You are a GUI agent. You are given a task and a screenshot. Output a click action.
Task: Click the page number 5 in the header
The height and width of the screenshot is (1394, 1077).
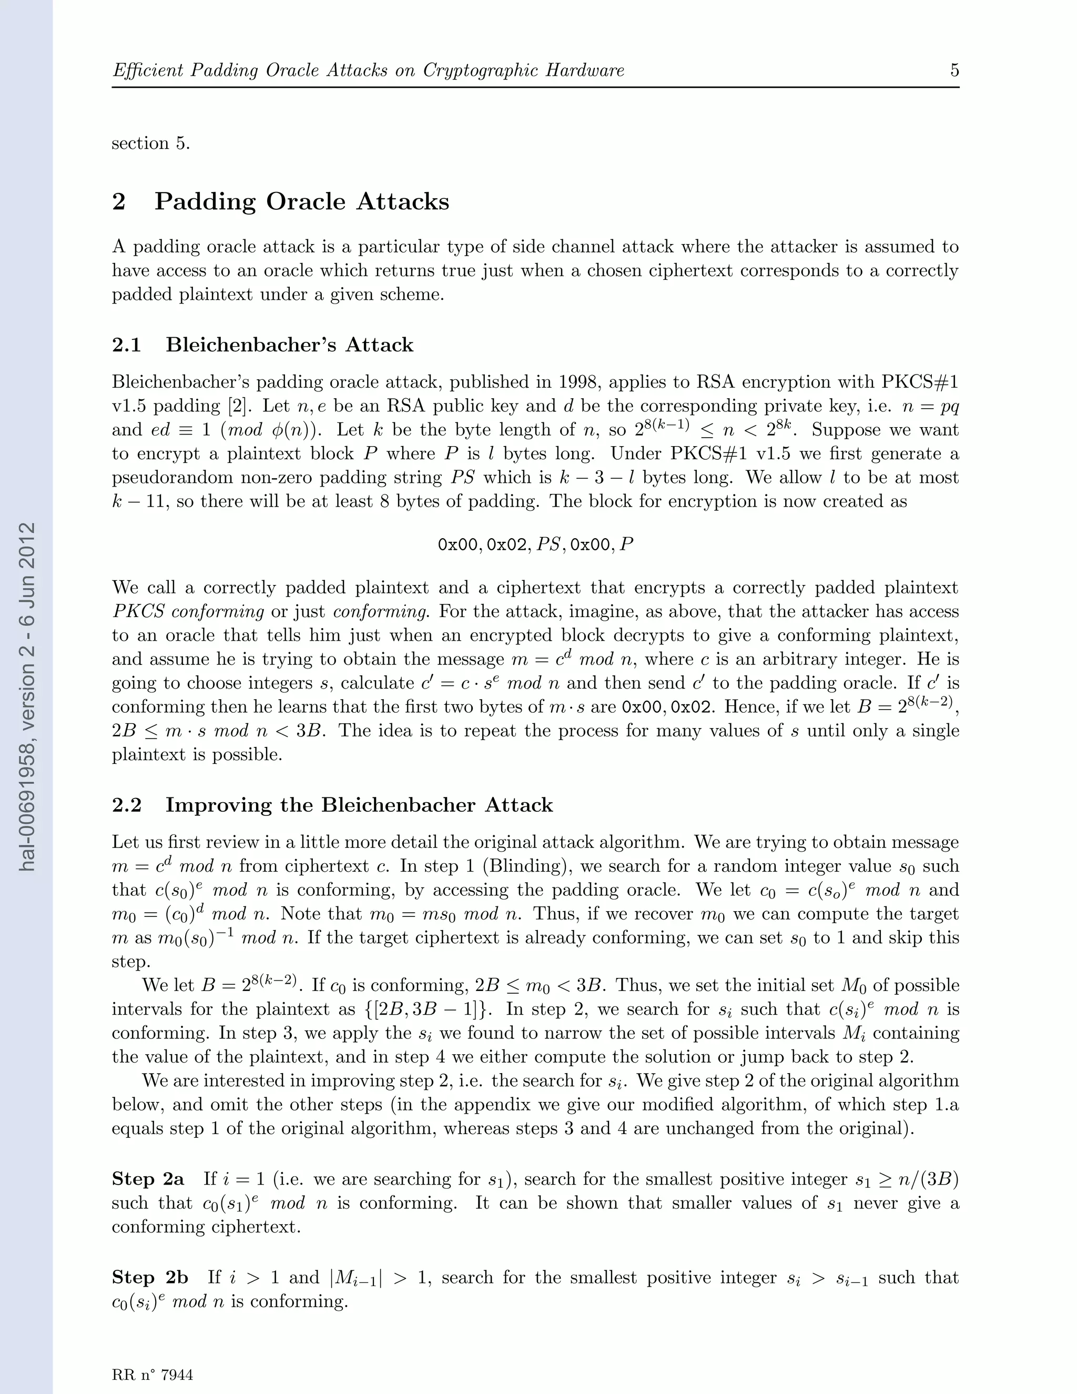click(x=954, y=70)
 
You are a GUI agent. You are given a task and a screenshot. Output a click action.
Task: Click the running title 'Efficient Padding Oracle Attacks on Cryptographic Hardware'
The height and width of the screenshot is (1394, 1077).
click(x=368, y=70)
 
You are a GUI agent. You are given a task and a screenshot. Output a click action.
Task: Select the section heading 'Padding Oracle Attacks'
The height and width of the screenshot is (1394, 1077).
click(x=301, y=201)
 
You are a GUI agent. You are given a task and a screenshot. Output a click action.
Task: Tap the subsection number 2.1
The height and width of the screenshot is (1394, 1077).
click(x=126, y=345)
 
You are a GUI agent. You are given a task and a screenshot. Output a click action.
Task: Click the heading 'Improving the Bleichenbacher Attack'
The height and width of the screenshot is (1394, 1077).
click(x=359, y=805)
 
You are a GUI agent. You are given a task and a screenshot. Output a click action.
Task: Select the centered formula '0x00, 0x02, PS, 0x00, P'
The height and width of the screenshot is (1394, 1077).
click(x=535, y=544)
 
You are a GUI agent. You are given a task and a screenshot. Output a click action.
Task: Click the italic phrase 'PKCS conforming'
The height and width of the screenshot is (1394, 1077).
click(x=188, y=611)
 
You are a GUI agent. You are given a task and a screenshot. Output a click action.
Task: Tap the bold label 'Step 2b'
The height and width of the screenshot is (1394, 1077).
click(x=150, y=1277)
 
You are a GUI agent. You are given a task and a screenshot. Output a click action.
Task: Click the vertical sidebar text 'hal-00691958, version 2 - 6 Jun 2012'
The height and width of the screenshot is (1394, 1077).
click(x=26, y=696)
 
